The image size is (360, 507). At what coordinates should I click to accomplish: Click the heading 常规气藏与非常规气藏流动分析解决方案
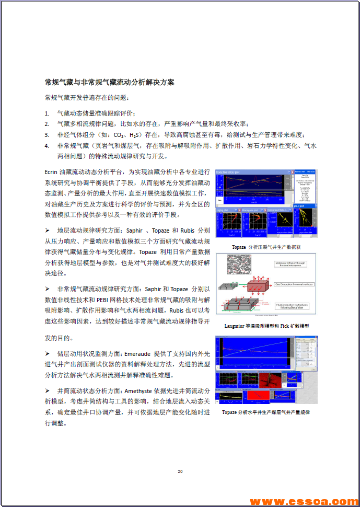[x=110, y=82]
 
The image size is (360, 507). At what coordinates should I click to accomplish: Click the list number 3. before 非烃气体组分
[x=47, y=134]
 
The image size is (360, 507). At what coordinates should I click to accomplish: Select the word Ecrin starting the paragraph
[x=53, y=171]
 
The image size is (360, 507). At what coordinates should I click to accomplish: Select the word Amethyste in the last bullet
[x=140, y=390]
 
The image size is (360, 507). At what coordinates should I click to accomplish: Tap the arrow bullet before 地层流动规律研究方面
[x=48, y=231]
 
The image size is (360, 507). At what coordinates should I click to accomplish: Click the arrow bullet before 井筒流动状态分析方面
[x=48, y=391]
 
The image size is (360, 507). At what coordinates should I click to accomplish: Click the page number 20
[x=180, y=471]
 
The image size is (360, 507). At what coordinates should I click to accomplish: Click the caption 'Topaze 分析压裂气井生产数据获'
[x=266, y=247]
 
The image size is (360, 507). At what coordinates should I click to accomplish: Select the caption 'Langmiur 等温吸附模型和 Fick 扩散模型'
[x=266, y=326]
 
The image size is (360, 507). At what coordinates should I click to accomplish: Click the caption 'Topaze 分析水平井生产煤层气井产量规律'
[x=266, y=412]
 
